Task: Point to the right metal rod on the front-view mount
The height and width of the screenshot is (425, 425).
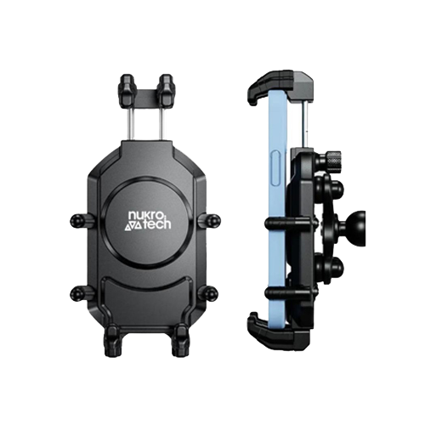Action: tap(161, 127)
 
